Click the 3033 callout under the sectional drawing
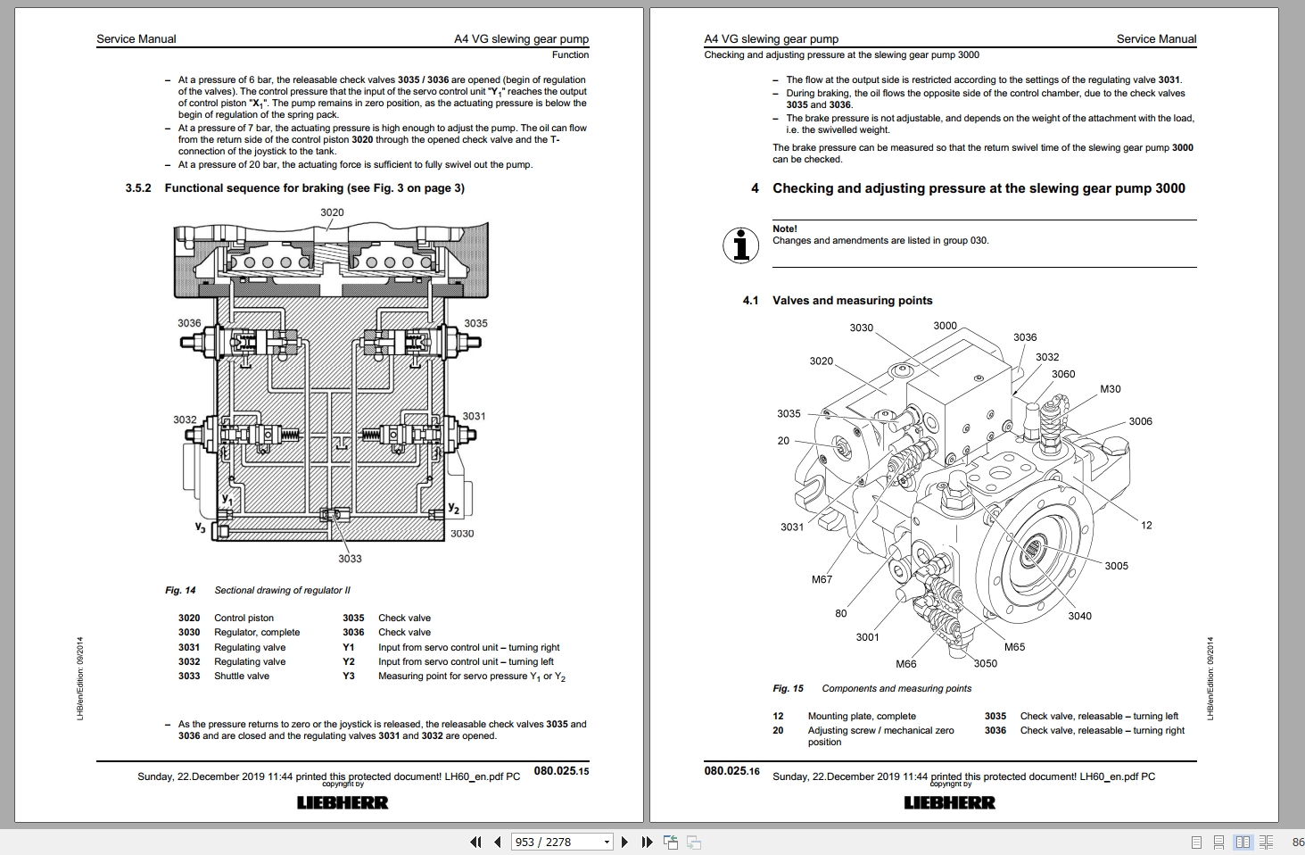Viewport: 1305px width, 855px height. (x=350, y=559)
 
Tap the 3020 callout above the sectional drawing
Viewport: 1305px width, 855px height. (x=332, y=212)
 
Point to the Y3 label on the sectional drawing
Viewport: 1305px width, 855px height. (x=201, y=527)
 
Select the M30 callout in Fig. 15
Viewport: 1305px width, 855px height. (x=1111, y=389)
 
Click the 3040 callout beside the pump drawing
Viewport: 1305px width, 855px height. (x=1079, y=616)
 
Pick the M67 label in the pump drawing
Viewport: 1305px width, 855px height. (x=822, y=579)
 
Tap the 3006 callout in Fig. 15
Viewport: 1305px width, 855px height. (x=1140, y=421)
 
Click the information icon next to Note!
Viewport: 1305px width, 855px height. (x=741, y=245)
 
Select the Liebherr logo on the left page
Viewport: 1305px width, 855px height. (x=343, y=802)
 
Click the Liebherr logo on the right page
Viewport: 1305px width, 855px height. (x=949, y=802)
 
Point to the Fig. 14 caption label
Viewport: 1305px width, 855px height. (x=180, y=590)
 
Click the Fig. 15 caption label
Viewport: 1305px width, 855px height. (x=788, y=688)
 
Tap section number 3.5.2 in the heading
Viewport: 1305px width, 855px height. (x=138, y=188)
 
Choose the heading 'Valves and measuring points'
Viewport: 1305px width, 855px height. (x=852, y=301)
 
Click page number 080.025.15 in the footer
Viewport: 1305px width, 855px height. (x=561, y=771)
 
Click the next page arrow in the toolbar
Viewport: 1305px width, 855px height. (x=624, y=842)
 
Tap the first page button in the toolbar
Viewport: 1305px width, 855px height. (x=475, y=842)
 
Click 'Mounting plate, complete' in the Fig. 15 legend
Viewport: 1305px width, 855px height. (x=862, y=716)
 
